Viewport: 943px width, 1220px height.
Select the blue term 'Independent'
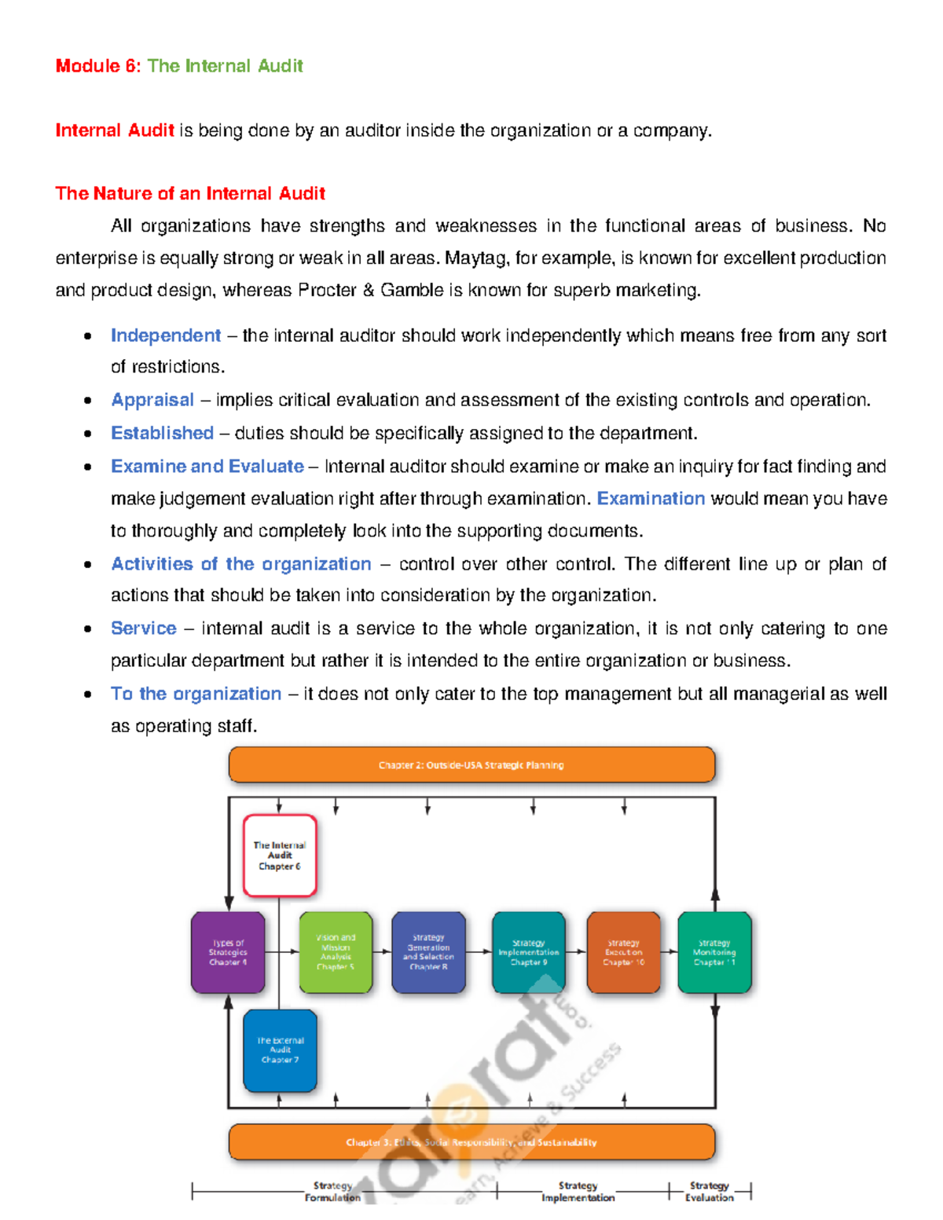coord(166,335)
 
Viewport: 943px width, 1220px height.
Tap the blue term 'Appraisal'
coord(152,400)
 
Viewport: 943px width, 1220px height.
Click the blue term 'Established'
coord(162,433)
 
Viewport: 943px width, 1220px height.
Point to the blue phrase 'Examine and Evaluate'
coord(207,466)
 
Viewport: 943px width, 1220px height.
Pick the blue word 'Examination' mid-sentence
coord(651,499)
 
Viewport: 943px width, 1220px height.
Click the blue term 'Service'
coord(144,628)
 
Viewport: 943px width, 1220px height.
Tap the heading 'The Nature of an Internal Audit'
coord(190,193)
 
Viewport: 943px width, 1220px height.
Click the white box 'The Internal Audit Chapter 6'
coord(280,855)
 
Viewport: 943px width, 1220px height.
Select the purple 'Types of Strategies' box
coord(228,952)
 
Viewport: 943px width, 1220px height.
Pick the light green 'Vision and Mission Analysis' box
coord(336,952)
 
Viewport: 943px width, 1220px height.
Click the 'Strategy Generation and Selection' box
coord(428,952)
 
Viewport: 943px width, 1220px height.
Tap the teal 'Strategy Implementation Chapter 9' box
coord(528,952)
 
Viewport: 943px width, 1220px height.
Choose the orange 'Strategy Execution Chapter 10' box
coord(623,952)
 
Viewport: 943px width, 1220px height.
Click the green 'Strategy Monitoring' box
coord(714,952)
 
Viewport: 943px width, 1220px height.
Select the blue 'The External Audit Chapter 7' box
coord(280,1050)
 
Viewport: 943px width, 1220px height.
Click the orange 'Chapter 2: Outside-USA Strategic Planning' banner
coord(472,765)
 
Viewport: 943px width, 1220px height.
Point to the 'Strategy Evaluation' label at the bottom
coord(710,1191)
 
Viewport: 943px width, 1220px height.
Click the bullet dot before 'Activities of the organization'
coord(88,564)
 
